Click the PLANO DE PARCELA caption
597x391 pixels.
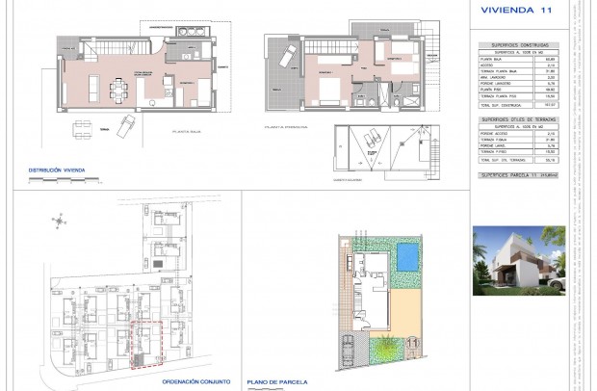point(277,381)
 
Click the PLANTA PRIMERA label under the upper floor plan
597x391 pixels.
point(287,126)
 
